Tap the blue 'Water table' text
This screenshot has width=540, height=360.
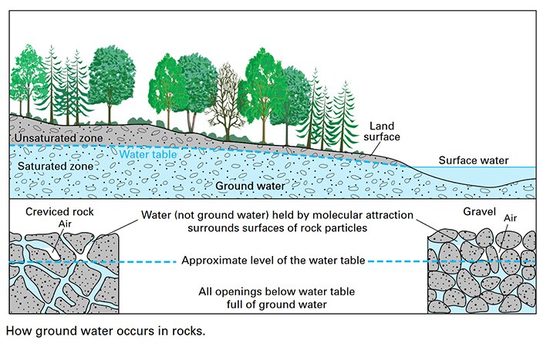tap(147, 153)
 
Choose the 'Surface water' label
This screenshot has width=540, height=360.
tap(474, 160)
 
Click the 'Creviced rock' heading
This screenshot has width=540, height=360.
tap(60, 211)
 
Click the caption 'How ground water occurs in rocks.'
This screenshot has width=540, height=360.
tap(105, 333)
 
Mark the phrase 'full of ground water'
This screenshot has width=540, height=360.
tap(274, 304)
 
